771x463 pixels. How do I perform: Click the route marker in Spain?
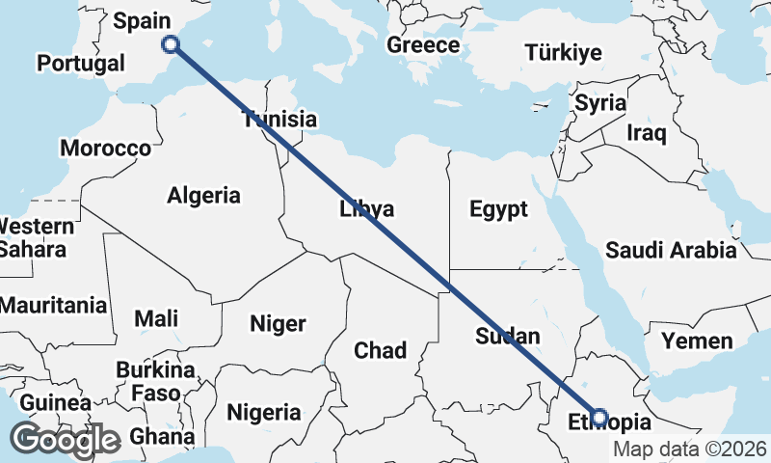(171, 43)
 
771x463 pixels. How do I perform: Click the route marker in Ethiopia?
(599, 418)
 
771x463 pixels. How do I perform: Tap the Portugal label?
(81, 64)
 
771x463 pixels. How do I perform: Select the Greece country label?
(423, 45)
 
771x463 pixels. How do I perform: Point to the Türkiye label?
(564, 53)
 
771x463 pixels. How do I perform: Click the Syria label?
(600, 103)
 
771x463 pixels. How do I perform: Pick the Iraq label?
(646, 132)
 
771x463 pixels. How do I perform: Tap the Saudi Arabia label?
(671, 251)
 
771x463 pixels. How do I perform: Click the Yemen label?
(697, 340)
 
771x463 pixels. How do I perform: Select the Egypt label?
(498, 209)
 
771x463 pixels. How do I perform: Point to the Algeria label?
(203, 196)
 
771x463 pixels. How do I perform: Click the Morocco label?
(105, 149)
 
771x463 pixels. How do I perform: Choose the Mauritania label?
(53, 306)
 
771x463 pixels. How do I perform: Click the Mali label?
(156, 318)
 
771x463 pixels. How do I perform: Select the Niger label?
(278, 324)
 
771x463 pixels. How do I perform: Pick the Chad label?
(380, 350)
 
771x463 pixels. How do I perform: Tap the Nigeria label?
(264, 413)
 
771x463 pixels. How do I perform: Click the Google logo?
(65, 440)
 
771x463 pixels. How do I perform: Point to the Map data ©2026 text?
(690, 449)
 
